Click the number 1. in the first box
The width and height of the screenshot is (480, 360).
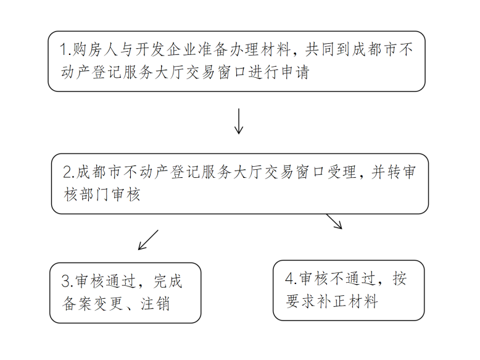click(65, 49)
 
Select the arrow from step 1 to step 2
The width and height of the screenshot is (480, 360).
click(239, 122)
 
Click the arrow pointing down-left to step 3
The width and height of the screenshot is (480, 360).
click(148, 240)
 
